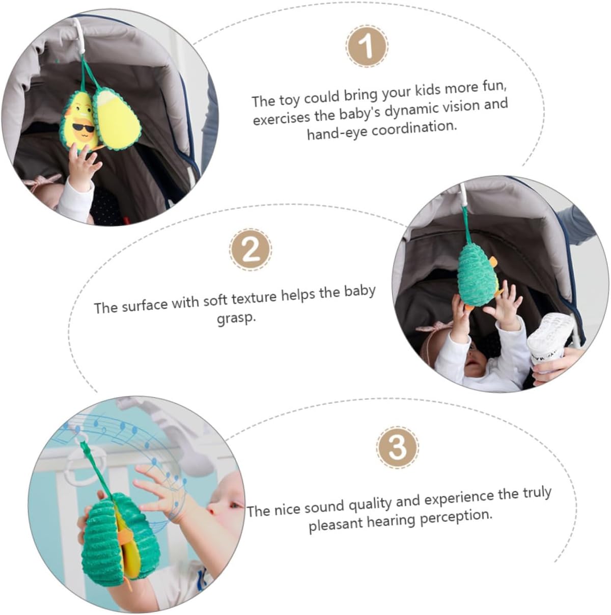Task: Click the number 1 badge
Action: [367, 46]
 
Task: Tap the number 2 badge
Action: [251, 250]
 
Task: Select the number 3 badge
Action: [397, 447]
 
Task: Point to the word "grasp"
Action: [236, 318]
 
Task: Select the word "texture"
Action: [254, 299]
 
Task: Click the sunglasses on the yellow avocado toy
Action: [83, 127]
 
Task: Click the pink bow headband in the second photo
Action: [433, 327]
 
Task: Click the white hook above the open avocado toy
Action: [79, 34]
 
